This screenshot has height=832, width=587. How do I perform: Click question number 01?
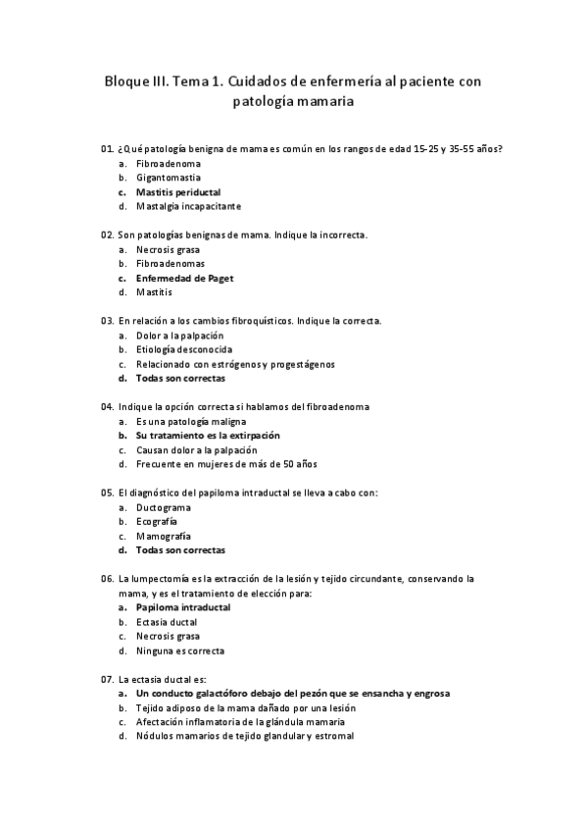click(107, 148)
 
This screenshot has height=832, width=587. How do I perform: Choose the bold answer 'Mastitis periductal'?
click(178, 192)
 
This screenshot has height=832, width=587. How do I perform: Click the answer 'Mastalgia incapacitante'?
click(188, 206)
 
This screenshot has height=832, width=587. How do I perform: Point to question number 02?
click(107, 235)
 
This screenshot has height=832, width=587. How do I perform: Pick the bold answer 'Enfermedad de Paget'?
click(184, 279)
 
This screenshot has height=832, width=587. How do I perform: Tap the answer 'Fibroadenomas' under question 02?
click(171, 264)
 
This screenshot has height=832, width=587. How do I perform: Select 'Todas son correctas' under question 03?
click(180, 379)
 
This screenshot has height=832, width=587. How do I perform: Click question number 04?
click(107, 406)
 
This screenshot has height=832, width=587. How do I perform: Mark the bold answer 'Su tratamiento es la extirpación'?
click(208, 435)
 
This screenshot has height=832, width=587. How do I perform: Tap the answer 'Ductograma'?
click(164, 507)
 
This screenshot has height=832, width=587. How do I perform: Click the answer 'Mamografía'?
click(164, 537)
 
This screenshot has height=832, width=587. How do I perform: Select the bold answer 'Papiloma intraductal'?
click(183, 607)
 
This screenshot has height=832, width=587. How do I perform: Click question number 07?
click(107, 679)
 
